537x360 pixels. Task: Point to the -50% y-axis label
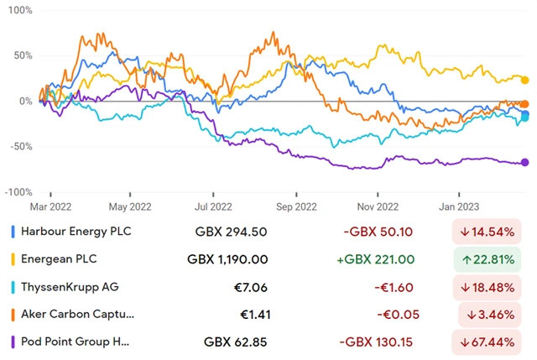tap(18, 147)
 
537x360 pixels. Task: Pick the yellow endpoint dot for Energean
tap(525, 81)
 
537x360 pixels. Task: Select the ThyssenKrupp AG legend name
tap(70, 287)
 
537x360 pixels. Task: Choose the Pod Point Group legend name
tap(75, 342)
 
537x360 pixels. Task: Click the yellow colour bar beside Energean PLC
tap(12, 259)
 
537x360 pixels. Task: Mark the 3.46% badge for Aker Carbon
tap(493, 315)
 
